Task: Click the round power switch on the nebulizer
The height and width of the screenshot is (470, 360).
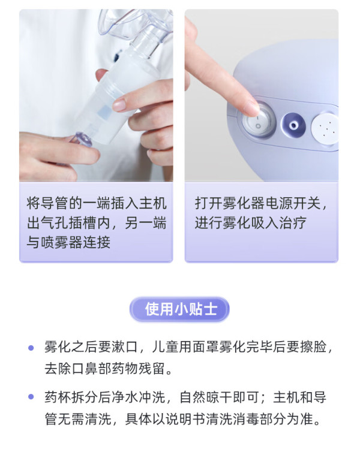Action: coord(258,121)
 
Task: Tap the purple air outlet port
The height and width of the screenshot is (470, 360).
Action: coord(293,125)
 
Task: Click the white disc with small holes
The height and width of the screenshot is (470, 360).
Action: coord(325,128)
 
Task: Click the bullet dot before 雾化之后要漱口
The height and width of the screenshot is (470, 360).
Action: coord(31,348)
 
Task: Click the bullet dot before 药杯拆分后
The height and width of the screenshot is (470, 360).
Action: coord(31,397)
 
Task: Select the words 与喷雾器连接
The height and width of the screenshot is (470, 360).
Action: coord(68,242)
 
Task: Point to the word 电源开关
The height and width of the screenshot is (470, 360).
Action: coord(293,203)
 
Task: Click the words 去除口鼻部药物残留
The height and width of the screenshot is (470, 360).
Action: coord(105,369)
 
